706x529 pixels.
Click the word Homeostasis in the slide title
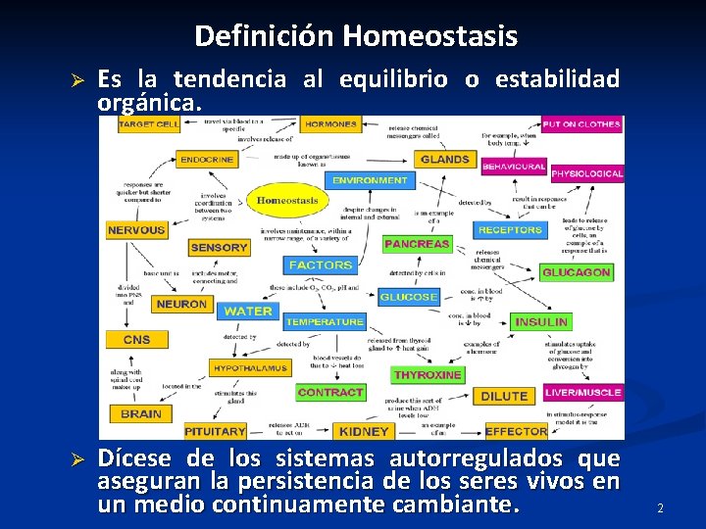[x=430, y=37]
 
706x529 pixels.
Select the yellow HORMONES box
[x=330, y=124]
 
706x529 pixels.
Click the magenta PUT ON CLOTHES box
[x=581, y=124]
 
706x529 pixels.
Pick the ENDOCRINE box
[x=207, y=159]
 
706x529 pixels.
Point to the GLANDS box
[x=444, y=159]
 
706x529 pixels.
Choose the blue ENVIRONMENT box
[x=370, y=180]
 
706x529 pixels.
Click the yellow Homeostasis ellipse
[x=287, y=201]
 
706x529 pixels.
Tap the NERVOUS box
[x=136, y=230]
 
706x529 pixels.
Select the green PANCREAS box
[x=417, y=244]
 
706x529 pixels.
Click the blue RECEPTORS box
[x=510, y=230]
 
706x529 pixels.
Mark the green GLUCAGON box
[x=576, y=272]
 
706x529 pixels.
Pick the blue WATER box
[x=248, y=311]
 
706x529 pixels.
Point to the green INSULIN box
[x=540, y=321]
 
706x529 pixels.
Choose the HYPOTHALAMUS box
[x=249, y=368]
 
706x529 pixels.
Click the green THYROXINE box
[x=428, y=374]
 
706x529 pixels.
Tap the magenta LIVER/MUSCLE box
[x=582, y=393]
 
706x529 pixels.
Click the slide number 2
[x=660, y=508]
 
